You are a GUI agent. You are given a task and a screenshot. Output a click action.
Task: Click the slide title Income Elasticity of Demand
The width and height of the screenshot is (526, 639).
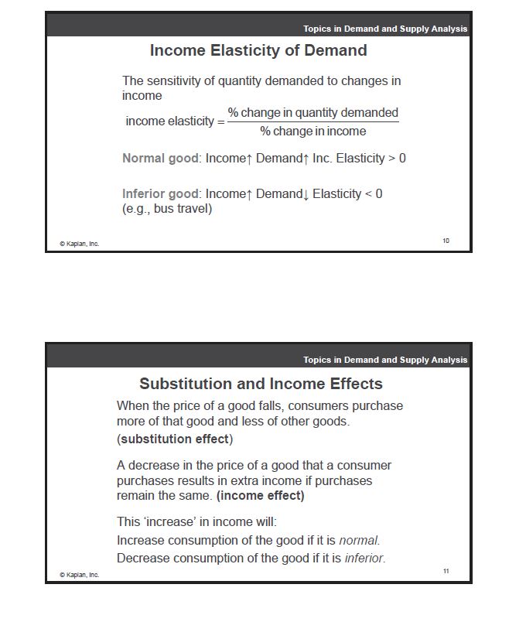tap(258, 51)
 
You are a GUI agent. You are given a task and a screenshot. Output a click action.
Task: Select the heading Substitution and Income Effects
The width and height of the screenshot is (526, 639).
tap(261, 384)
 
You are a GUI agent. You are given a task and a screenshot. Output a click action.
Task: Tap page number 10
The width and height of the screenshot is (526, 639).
tap(446, 241)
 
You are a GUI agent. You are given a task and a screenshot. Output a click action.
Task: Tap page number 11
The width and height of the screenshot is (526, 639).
tap(446, 571)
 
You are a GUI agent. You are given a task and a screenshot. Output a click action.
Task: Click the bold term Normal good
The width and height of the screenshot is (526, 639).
tap(160, 159)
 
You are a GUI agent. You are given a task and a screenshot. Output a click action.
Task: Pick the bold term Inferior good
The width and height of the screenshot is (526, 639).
tap(161, 194)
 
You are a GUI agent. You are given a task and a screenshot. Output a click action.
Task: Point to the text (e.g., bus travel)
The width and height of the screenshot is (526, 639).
tap(167, 209)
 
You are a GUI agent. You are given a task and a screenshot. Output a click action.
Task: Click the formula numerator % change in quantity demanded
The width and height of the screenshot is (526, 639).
tap(313, 113)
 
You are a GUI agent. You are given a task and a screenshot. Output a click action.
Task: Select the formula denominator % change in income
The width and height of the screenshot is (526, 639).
tap(313, 132)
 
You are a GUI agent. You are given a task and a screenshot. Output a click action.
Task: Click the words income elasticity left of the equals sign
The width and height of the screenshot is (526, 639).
tap(169, 121)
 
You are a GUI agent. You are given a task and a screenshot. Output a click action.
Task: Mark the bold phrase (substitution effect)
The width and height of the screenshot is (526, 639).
tap(175, 439)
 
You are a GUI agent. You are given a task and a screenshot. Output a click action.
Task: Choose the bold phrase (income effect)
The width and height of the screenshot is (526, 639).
tap(260, 496)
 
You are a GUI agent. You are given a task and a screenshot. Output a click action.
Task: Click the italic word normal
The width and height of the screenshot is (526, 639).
tap(359, 541)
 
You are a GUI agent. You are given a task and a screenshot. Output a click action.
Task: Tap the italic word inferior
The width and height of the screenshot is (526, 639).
tap(364, 558)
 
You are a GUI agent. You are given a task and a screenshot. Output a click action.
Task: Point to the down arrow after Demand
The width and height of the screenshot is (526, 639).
tap(306, 195)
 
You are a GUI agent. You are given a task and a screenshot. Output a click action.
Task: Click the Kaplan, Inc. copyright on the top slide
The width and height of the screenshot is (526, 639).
tap(80, 244)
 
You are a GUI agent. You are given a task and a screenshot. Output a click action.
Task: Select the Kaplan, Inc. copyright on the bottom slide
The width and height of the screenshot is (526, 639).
tap(80, 575)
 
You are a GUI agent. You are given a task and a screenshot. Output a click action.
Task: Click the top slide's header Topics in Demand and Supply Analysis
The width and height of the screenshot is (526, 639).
tap(385, 29)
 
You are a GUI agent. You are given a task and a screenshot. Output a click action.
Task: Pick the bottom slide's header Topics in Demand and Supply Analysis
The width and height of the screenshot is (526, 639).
tap(385, 360)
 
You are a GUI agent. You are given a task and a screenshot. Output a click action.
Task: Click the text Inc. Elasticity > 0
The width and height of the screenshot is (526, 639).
tap(360, 159)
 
